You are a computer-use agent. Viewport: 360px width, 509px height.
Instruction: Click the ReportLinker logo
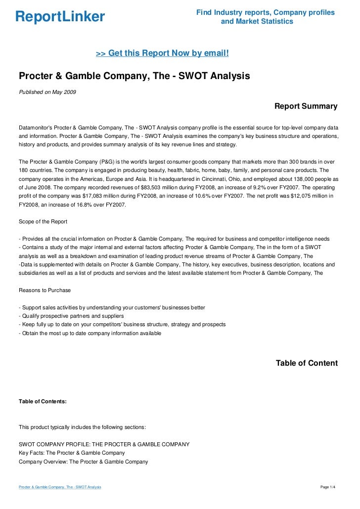(x=60, y=17)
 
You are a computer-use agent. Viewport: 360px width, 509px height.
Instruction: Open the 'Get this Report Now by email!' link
(x=162, y=52)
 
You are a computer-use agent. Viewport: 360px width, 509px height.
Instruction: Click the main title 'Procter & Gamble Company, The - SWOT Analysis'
(x=135, y=76)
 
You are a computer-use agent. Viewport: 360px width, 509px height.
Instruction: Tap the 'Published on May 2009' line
(x=47, y=92)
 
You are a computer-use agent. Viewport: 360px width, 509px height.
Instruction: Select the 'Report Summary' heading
(x=306, y=106)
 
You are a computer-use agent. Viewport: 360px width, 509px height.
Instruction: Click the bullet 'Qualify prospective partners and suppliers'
(x=71, y=316)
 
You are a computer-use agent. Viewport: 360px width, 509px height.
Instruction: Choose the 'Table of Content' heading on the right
(x=307, y=363)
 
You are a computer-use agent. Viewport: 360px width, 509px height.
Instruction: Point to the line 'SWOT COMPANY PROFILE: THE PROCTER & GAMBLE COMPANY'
(x=104, y=444)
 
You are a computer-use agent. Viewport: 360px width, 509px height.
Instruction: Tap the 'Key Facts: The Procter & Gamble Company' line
(x=72, y=453)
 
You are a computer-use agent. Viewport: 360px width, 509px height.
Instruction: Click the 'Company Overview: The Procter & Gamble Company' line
(x=83, y=462)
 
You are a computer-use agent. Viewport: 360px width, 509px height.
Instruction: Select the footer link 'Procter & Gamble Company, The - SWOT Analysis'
(x=60, y=487)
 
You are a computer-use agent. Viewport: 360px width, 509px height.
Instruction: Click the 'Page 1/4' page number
(x=328, y=487)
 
